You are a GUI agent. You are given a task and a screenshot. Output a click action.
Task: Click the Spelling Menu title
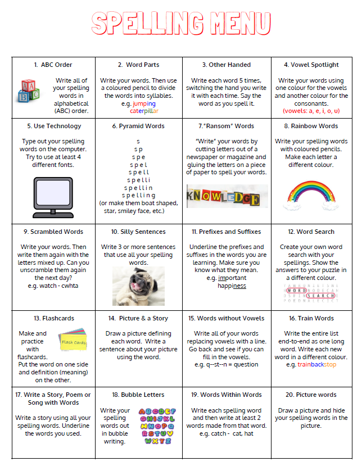[181, 23]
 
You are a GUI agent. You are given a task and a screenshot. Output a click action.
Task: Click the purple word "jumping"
[144, 103]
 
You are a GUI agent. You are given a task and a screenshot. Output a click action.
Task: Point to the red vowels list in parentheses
[311, 111]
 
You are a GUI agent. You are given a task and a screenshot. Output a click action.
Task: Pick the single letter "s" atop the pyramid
[138, 141]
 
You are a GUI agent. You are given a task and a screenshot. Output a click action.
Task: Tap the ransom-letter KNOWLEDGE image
[223, 197]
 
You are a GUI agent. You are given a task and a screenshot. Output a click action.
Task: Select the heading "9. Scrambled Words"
[53, 232]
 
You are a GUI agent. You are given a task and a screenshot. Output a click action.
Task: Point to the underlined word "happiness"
[232, 286]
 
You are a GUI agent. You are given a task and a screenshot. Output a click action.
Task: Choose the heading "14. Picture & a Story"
[138, 318]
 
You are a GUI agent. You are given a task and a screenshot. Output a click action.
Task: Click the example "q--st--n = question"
[227, 364]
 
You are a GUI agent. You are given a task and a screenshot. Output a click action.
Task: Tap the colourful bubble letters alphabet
[157, 426]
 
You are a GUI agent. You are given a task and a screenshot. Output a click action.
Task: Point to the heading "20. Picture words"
[311, 395]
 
